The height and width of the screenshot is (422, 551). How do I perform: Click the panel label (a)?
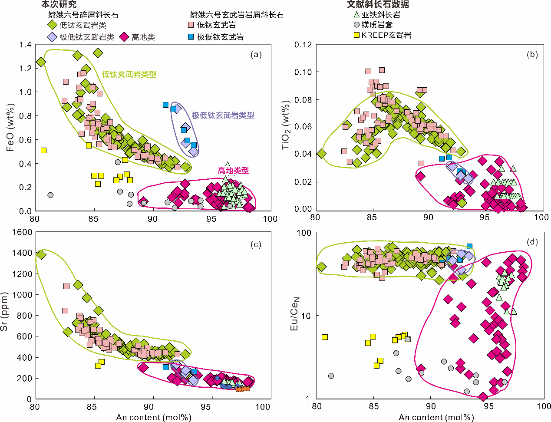tap(256, 55)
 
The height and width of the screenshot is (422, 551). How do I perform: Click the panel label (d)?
tap(532, 241)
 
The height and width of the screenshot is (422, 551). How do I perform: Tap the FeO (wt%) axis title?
tap(10, 128)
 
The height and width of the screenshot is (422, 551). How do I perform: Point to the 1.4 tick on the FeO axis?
tap(26, 45)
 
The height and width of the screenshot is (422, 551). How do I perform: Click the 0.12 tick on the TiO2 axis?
tap(303, 45)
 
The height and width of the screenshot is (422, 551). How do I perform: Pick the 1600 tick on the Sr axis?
tap(22, 232)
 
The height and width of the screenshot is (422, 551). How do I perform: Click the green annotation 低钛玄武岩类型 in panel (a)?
tap(129, 74)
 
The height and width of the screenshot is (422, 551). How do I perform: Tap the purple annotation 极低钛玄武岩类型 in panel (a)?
tap(223, 115)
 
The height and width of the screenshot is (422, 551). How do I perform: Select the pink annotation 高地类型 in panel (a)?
tap(233, 171)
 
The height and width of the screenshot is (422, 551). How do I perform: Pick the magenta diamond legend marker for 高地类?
tap(124, 37)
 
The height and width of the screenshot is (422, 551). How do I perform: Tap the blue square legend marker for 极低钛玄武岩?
tap(191, 37)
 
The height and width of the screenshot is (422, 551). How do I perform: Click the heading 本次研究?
tap(59, 4)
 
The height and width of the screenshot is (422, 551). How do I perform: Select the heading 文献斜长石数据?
tap(378, 4)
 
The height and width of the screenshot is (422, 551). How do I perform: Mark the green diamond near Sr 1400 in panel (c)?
tap(41, 254)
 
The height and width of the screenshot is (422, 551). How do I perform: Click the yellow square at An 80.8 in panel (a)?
tap(43, 150)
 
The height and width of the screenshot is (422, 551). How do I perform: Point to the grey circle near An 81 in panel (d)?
tap(331, 376)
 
